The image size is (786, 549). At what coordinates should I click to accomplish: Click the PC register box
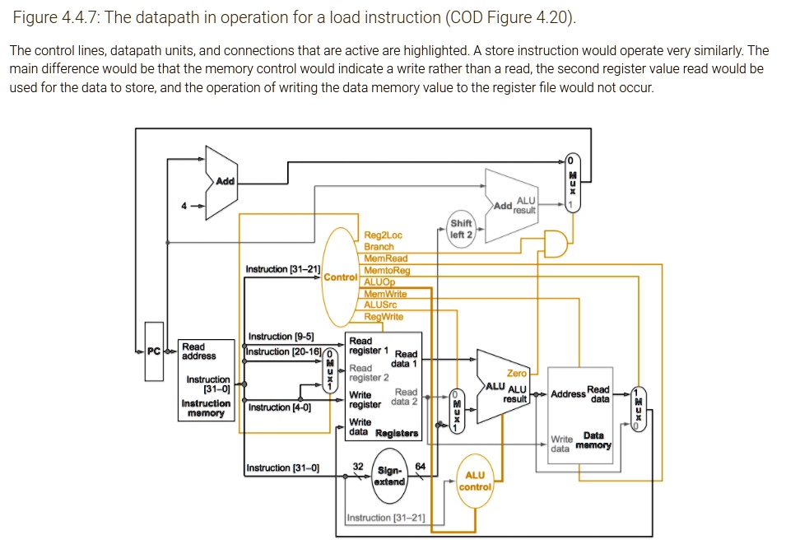153,352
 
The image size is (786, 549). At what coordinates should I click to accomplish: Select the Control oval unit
339,277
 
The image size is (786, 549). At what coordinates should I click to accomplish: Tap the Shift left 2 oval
462,228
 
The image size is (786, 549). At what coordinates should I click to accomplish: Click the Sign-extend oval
388,477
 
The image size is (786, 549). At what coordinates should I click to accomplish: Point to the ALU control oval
475,481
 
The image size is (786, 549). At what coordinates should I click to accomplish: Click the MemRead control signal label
385,258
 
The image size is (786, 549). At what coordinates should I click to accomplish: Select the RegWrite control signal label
383,316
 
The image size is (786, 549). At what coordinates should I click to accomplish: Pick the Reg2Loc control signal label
383,235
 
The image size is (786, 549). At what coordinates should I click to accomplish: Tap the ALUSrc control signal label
380,305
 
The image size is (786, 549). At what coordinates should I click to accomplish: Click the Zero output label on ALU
517,374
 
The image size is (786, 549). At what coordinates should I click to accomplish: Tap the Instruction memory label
206,408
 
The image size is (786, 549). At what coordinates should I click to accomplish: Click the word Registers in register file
397,433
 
